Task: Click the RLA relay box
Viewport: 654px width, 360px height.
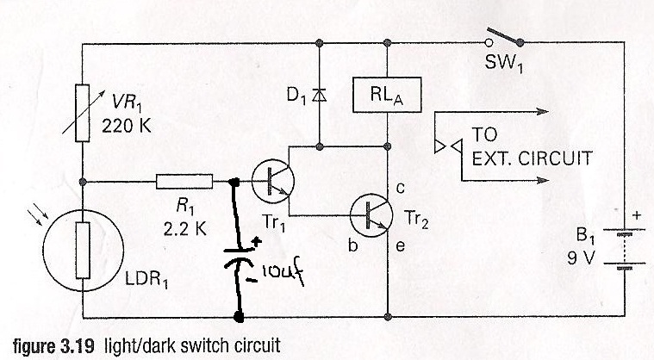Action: tap(387, 95)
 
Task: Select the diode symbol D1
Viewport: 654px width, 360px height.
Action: tap(320, 96)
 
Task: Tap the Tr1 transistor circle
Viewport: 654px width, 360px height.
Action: tap(273, 181)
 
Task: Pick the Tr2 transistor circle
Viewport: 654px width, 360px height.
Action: tap(371, 215)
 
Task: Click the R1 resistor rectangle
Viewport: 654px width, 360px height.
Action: tap(184, 182)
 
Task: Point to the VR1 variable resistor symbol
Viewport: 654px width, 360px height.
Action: tap(82, 113)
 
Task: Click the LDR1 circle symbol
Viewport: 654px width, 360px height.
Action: tap(83, 250)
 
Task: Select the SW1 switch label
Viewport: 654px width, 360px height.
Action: tap(503, 65)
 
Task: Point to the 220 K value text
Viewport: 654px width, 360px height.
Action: tap(127, 126)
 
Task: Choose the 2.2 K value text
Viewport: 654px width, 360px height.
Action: tap(184, 229)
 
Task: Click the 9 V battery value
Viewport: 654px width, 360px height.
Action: tap(580, 258)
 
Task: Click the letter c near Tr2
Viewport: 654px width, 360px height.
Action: tap(400, 189)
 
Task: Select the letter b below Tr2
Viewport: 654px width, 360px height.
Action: tap(353, 245)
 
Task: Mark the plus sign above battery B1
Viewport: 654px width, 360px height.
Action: tap(637, 215)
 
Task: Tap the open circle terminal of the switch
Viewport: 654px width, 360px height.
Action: tap(489, 42)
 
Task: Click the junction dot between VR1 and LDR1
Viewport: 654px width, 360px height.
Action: tap(83, 182)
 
